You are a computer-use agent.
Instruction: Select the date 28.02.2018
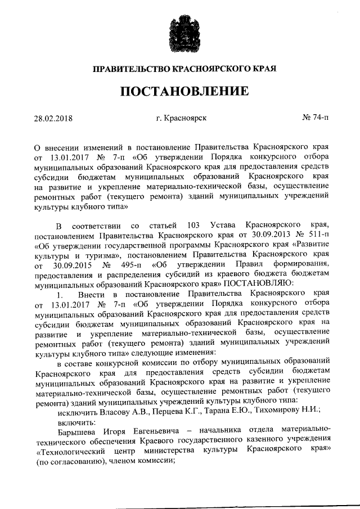coord(53,119)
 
